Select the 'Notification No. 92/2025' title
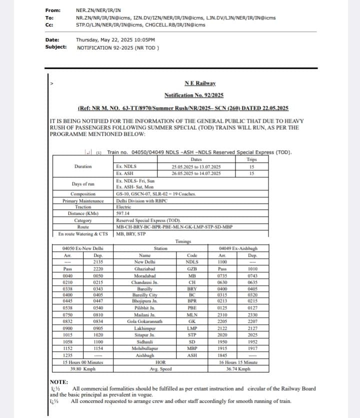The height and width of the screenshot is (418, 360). (x=193, y=95)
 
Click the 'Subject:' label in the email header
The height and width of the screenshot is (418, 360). (x=55, y=47)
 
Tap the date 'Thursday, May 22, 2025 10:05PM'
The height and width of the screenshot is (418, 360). (x=115, y=40)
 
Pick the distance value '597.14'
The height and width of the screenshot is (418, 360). (x=123, y=213)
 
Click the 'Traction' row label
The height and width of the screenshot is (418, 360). (x=83, y=207)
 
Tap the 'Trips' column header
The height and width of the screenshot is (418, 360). (x=251, y=160)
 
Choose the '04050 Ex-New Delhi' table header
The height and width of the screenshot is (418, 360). (x=83, y=248)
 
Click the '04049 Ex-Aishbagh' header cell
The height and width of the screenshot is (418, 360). (x=238, y=248)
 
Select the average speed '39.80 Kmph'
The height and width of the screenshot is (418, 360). (x=83, y=369)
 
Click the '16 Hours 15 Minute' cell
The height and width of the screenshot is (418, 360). (x=238, y=363)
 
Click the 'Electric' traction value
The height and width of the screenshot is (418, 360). (x=123, y=207)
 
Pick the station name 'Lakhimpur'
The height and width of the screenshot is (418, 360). (x=146, y=328)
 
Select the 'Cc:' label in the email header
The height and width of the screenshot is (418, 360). (x=49, y=24)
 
